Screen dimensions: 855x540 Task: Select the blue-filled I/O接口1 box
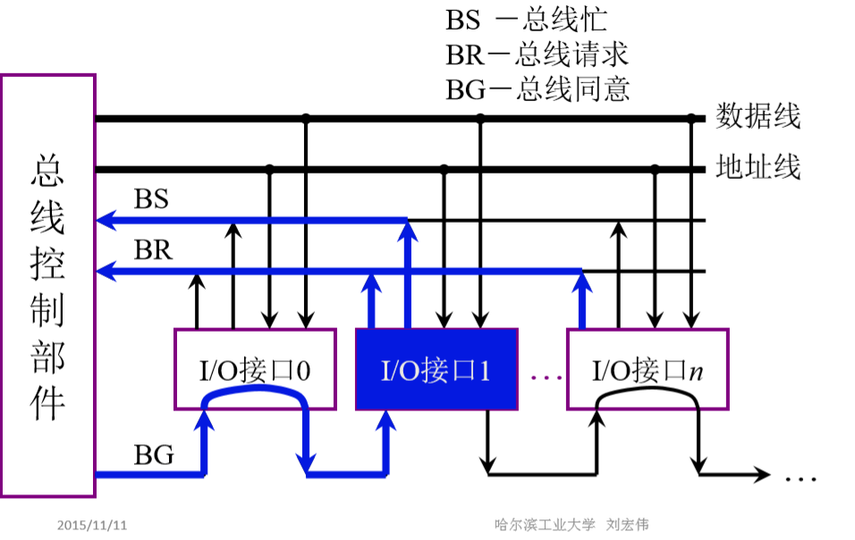pos(436,369)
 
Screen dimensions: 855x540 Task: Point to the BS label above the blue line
pos(151,198)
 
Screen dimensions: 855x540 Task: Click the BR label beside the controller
pos(153,250)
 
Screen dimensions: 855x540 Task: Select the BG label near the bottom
pos(154,454)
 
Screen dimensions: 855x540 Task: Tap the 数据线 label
pos(758,116)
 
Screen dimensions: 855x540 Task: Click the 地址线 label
pos(758,167)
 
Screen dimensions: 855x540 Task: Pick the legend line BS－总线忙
pos(526,21)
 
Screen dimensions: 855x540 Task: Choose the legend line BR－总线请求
pos(538,55)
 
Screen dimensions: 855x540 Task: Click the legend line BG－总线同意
pos(538,89)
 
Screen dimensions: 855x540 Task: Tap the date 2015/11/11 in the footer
pos(92,526)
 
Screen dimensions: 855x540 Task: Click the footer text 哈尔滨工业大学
pos(545,524)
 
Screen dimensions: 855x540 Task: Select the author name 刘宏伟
pos(628,524)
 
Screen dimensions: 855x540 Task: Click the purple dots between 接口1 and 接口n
pos(546,377)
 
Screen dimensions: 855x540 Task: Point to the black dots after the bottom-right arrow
pos(800,479)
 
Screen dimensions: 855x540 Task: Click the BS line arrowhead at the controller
pos(106,220)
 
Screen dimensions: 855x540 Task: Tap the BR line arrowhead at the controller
pos(106,271)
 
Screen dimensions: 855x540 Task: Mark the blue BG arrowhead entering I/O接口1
pos(386,420)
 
